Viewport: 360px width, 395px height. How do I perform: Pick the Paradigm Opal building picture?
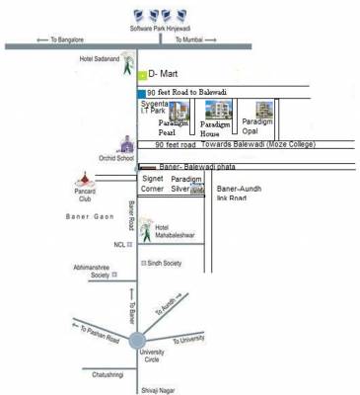(263, 110)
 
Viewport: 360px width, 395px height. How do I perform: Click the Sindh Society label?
(165, 264)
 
